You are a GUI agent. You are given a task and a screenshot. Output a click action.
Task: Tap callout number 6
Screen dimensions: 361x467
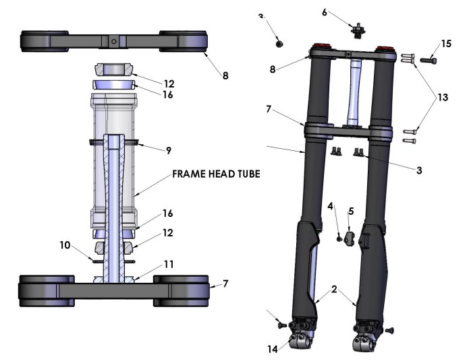coord(343,12)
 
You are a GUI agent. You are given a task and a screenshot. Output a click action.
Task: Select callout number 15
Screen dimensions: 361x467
coord(446,43)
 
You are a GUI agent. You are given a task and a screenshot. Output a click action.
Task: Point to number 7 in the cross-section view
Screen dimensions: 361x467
coord(226,285)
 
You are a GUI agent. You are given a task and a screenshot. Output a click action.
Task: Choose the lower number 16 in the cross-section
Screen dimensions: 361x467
coord(169,214)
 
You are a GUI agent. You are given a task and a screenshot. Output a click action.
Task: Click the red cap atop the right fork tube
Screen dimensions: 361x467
coord(386,49)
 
